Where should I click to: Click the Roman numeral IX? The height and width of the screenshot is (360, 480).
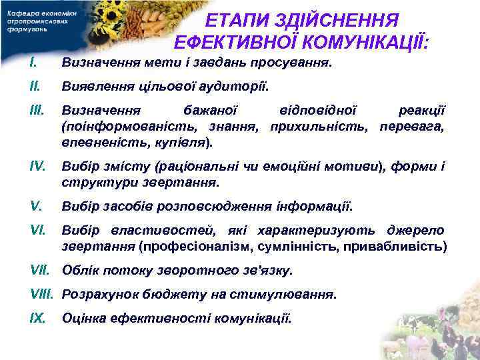(x=37, y=317)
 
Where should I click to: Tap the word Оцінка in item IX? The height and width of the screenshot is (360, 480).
(x=83, y=318)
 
